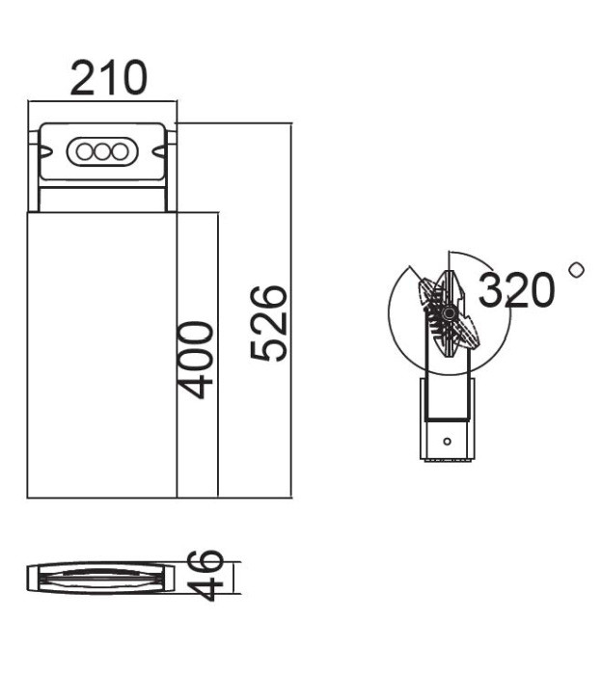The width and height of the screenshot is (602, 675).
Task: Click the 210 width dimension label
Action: click(x=108, y=78)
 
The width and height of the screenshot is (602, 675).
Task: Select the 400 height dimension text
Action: click(x=197, y=360)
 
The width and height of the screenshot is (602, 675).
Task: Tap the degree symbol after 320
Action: click(x=577, y=269)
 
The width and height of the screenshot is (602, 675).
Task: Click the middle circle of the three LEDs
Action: click(x=101, y=151)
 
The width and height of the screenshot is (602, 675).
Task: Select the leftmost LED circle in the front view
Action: click(x=84, y=151)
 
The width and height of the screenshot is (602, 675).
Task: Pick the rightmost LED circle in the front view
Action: click(x=119, y=151)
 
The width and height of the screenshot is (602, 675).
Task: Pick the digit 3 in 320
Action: click(x=492, y=289)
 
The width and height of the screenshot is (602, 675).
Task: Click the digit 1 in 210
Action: click(x=108, y=78)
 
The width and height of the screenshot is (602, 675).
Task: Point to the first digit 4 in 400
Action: click(x=197, y=385)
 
